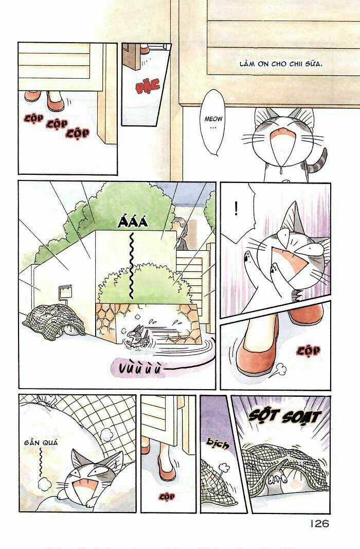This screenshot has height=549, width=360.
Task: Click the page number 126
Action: coord(319,523)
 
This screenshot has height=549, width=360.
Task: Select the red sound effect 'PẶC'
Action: coord(148,86)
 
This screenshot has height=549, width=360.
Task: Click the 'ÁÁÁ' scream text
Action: coord(131,222)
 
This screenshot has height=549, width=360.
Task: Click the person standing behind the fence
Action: coord(180,234)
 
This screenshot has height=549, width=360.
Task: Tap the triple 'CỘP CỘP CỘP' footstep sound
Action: coord(56,125)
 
